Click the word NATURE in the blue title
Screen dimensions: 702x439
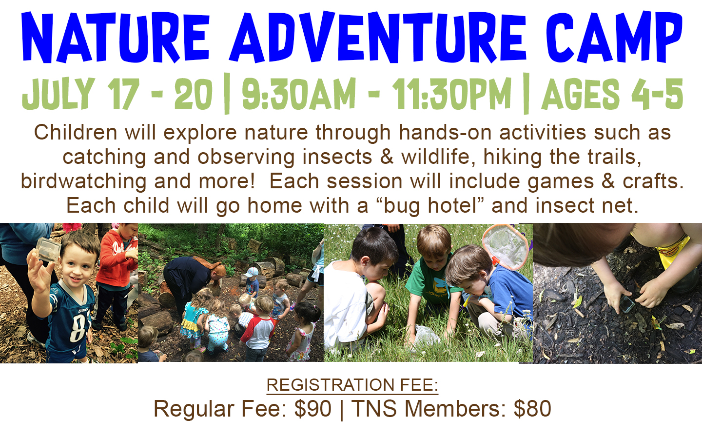[116, 38]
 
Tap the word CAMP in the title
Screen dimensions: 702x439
[614, 38]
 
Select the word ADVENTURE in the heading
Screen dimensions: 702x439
[378, 37]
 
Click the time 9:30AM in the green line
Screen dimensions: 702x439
[299, 94]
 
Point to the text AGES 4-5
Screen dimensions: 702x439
[612, 94]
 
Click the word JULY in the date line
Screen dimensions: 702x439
[58, 94]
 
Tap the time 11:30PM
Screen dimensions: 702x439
[451, 94]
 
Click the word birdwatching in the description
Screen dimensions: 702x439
[84, 182]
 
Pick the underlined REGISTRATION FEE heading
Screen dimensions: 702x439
[352, 385]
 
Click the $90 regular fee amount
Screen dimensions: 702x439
[313, 409]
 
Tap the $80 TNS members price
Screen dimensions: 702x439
[532, 409]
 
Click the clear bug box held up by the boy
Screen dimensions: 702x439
[48, 250]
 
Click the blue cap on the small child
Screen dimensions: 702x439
[252, 272]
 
